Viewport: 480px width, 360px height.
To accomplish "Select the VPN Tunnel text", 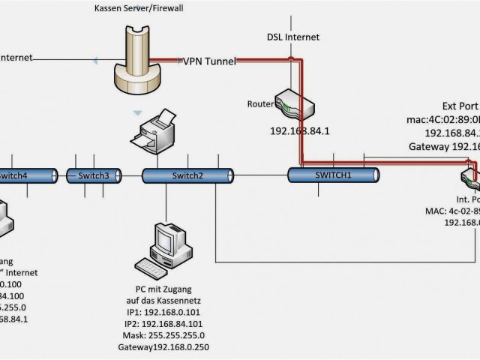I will (209, 61).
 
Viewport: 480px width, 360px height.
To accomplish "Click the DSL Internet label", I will (293, 37).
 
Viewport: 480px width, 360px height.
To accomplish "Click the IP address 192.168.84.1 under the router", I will (300, 130).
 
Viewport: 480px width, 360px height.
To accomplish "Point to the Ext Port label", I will (458, 106).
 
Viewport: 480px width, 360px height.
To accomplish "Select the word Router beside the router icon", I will (259, 103).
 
